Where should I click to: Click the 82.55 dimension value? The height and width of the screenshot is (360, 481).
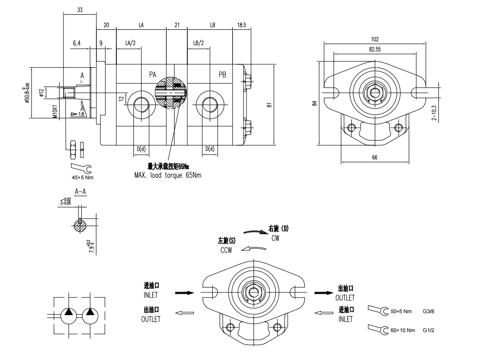point(375,49)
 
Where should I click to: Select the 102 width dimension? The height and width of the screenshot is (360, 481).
point(375,39)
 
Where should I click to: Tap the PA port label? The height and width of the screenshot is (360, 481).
point(153,75)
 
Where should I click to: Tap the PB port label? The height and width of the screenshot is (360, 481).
point(222,75)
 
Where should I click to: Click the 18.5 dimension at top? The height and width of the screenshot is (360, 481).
point(241,25)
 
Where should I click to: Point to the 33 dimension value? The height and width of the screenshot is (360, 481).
point(79,10)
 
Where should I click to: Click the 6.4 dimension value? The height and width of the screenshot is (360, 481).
point(77,43)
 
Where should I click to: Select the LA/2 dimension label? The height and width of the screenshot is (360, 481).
point(131,43)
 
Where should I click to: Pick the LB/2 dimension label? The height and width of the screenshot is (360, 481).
point(199,43)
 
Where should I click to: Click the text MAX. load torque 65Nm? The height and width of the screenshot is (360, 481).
point(168,175)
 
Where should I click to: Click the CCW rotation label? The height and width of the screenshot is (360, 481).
point(226,250)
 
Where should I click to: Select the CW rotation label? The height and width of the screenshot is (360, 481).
point(275,238)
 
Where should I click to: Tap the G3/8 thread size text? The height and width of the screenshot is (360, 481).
point(429,311)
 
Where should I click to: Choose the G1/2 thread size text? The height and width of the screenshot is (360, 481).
point(429,330)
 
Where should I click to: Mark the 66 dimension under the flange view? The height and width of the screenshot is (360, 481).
point(375,158)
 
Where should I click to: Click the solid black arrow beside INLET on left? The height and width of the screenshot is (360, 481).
point(184,293)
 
